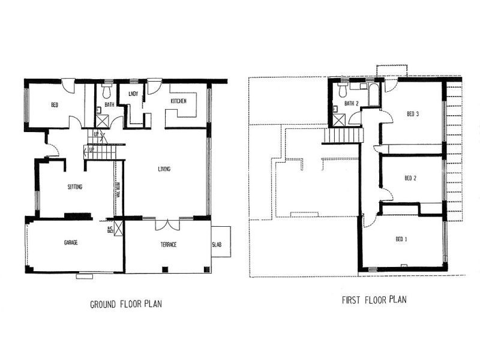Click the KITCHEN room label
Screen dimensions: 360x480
(x=179, y=101)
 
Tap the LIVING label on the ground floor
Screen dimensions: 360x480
(x=164, y=169)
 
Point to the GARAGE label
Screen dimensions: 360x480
(x=71, y=243)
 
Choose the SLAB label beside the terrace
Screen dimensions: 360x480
(x=217, y=244)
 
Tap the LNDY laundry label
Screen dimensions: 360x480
(x=134, y=94)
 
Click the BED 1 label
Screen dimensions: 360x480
(x=401, y=239)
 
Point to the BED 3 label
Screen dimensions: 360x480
(x=412, y=114)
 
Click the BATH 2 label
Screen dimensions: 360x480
(x=352, y=103)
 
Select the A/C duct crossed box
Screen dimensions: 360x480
(x=118, y=229)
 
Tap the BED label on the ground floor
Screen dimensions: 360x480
(x=54, y=106)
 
